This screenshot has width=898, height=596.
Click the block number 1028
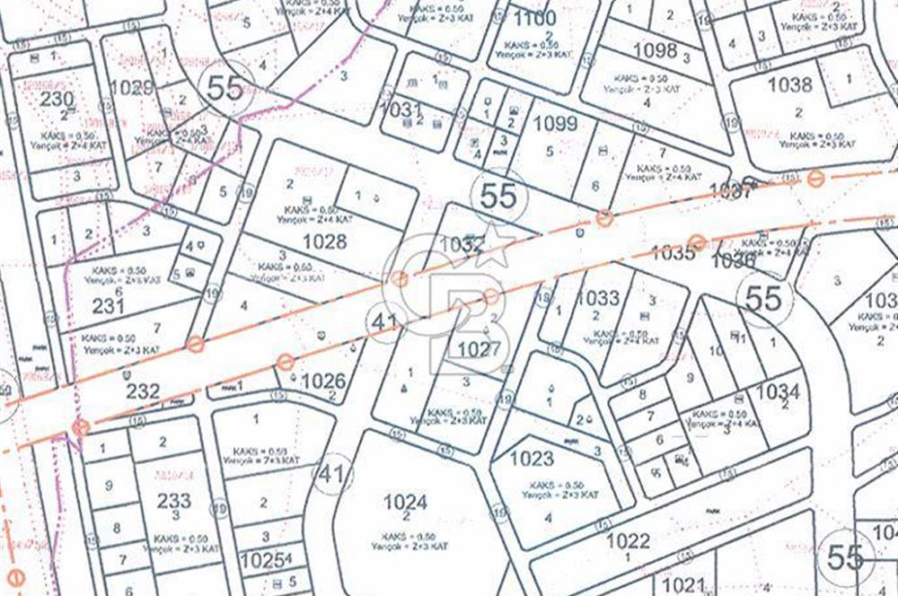[x=324, y=241]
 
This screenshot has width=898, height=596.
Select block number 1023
[x=532, y=459]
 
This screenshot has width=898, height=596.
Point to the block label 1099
[x=555, y=124]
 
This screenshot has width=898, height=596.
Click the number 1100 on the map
[x=535, y=18]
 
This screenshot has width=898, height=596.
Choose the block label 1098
[x=655, y=49]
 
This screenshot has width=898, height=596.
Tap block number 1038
[x=790, y=86]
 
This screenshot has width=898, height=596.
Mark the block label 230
[x=57, y=99]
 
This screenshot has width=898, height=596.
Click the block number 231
[x=108, y=305]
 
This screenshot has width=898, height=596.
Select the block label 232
[x=143, y=391]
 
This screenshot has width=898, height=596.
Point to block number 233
[x=173, y=500]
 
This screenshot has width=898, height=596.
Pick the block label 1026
[x=323, y=381]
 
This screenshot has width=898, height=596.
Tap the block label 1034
[x=778, y=391]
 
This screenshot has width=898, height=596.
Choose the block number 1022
[x=628, y=540]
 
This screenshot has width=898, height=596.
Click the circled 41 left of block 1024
[x=332, y=475]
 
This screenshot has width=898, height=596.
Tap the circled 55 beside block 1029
[x=224, y=86]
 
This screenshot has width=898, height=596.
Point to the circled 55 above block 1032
[x=498, y=195]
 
